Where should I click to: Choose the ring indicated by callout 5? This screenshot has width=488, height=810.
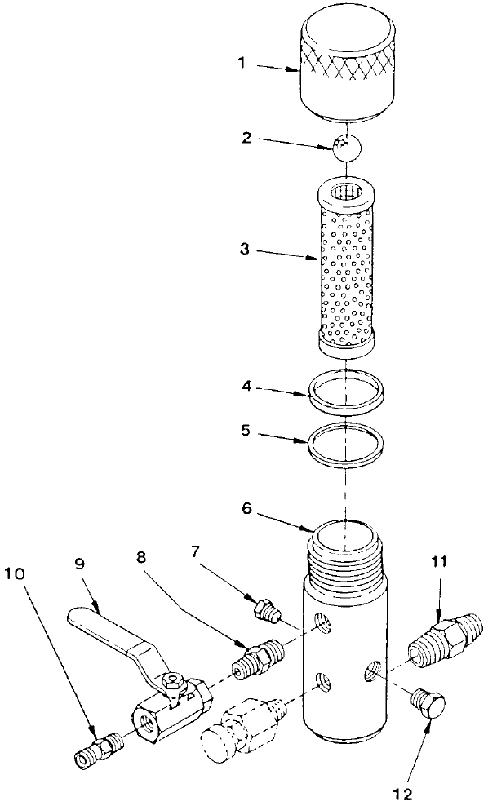click(346, 443)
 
